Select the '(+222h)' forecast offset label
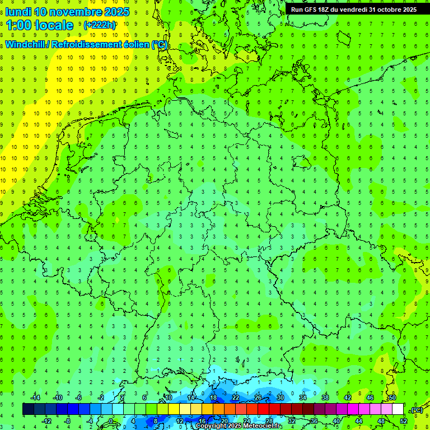pos(100,25)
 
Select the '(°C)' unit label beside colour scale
pos(417,410)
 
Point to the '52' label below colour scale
pos(404,421)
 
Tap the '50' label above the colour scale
pos(392,398)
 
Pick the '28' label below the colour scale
pos(269,421)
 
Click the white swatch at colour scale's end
pos(398,409)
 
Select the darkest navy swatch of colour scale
pos(28,409)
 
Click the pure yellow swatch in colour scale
pos(196,409)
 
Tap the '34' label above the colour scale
pos(303,398)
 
